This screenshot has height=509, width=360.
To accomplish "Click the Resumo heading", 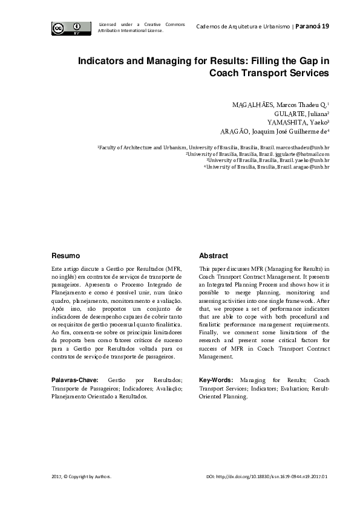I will tap(65, 256).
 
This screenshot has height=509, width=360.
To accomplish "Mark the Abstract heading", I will tap(213, 256).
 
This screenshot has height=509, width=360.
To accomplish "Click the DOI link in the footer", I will tap(267, 477).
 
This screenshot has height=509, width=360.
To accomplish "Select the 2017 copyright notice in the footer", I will tap(81, 477).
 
